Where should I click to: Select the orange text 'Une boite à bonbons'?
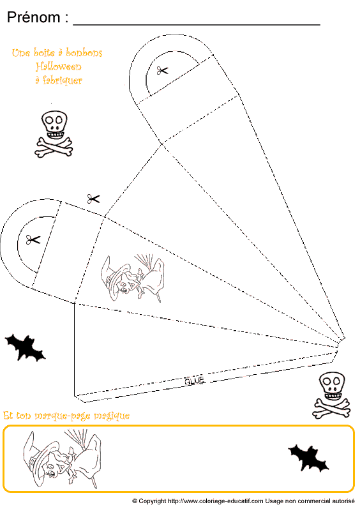57,53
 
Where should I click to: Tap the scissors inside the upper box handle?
162,70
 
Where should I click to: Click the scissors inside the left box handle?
33,239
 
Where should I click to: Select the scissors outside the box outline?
94,199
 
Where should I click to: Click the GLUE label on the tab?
194,381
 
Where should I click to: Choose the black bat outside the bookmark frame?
24,347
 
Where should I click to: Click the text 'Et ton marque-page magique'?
66,416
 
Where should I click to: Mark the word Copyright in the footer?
153,501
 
